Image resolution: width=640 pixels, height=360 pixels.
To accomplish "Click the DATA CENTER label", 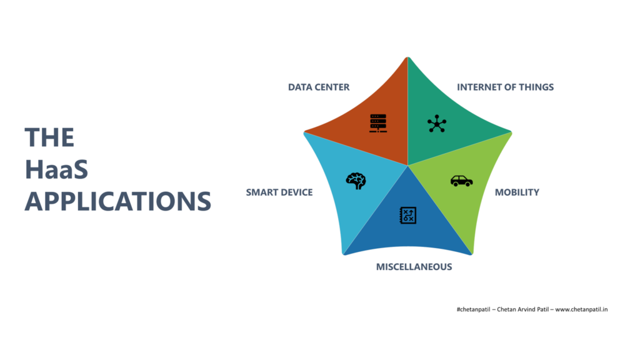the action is (x=319, y=87).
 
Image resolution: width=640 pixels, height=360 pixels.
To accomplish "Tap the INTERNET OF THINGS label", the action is (x=505, y=87).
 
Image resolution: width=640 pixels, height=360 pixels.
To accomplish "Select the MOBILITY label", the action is (x=517, y=192).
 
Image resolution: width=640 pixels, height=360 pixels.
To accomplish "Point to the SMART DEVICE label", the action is (x=279, y=192).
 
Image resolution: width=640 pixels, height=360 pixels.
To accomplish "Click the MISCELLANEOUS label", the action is (x=414, y=267).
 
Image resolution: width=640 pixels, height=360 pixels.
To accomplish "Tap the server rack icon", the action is (x=378, y=123).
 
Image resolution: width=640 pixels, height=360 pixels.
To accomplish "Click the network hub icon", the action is (x=437, y=124).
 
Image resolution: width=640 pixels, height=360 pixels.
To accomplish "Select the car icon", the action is (x=462, y=181).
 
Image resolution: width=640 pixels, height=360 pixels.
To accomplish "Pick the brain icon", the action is (x=356, y=181).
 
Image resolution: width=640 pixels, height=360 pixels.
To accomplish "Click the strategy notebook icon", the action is (x=407, y=216).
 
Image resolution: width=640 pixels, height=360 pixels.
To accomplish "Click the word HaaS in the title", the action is (x=56, y=169).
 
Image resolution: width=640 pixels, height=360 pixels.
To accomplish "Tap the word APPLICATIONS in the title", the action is (x=118, y=201).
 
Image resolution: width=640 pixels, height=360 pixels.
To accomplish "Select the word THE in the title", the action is (x=49, y=137).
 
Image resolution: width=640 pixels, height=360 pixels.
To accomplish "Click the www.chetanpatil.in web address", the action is (x=581, y=309).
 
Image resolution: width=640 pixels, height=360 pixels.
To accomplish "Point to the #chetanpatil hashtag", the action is (x=474, y=309).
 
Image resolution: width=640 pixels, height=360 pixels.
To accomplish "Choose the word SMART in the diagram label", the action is (x=261, y=192).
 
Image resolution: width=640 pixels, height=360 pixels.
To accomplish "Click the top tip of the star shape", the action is (x=407, y=57).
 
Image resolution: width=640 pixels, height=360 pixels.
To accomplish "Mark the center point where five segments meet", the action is (x=407, y=165).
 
